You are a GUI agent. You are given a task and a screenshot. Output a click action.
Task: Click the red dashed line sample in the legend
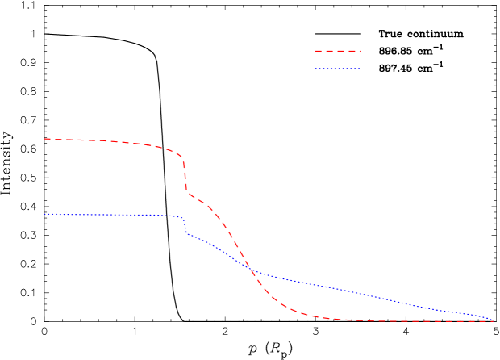337,51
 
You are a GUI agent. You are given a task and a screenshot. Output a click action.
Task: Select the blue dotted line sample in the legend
337,69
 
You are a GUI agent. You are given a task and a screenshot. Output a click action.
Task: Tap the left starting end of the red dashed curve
44,139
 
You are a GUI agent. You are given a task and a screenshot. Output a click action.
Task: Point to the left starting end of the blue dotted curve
44,214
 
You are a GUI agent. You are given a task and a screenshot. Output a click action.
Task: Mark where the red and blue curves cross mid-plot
248,267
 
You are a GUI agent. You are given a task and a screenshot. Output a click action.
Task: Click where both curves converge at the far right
494,321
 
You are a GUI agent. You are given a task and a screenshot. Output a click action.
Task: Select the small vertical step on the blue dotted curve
185,226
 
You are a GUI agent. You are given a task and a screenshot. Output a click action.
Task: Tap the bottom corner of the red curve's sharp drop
189,194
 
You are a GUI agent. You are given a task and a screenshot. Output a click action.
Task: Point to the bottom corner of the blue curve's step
187,234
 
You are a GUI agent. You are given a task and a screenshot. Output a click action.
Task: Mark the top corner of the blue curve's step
183,217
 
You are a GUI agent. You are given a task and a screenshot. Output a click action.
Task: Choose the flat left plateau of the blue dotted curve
113,215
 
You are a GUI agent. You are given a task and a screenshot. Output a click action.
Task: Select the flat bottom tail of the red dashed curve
403,321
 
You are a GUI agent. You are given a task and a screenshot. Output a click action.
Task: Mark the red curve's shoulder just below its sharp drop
202,201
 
